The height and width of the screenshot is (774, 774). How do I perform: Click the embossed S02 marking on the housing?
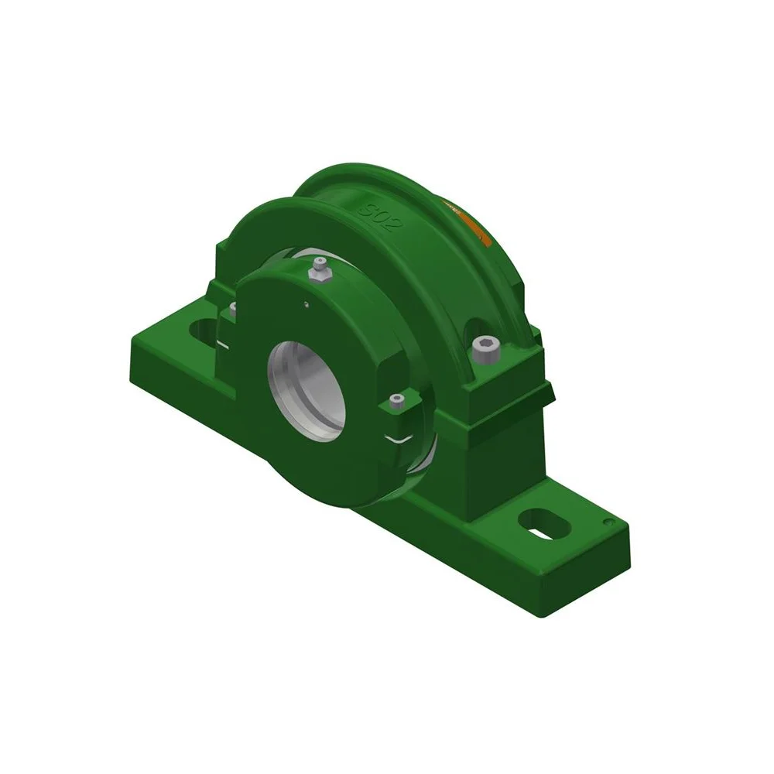378,214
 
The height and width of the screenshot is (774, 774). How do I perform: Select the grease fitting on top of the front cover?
318,270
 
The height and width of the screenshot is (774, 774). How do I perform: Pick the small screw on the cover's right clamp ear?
397,402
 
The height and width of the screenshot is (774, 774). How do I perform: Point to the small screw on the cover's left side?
230,310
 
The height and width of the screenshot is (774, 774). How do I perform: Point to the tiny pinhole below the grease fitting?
307,303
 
